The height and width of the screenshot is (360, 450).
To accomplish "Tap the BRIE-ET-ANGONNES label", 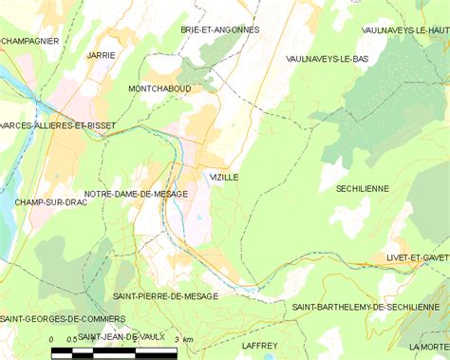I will [220, 30].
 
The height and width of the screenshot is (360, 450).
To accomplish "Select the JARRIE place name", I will [101, 55].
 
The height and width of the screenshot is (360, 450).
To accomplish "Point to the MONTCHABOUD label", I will [159, 88].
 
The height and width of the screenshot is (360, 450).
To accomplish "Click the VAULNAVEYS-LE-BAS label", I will [327, 58].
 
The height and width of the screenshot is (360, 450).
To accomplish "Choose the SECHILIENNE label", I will [363, 189].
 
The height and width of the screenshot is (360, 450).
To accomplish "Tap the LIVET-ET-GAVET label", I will [418, 257].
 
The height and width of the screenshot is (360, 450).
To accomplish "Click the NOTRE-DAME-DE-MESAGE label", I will [136, 194].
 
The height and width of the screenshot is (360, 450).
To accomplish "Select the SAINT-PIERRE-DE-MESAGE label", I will [165, 296].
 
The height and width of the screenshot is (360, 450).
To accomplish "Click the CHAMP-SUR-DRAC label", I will [46, 202].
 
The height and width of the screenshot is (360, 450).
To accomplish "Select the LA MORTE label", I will [428, 348].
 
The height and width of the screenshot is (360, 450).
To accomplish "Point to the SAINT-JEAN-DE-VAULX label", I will [121, 337].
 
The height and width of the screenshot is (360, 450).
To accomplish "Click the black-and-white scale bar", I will [114, 352].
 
